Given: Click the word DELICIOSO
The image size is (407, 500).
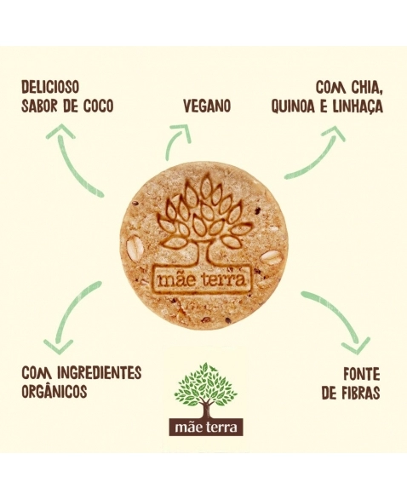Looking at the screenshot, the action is coord(49,87).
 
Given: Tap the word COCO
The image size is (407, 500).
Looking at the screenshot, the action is coord(98,106).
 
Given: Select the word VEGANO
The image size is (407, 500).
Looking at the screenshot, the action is coord(207,106).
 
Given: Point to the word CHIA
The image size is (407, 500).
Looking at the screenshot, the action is coord(364,88).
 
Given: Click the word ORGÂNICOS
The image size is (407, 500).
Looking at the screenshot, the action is coord(54,391).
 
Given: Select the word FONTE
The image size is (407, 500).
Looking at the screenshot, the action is coord(362,375).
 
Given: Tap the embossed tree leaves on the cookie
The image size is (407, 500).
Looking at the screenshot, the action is coord(205,214).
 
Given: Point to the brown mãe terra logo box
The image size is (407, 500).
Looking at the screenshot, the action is coord(205,427).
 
